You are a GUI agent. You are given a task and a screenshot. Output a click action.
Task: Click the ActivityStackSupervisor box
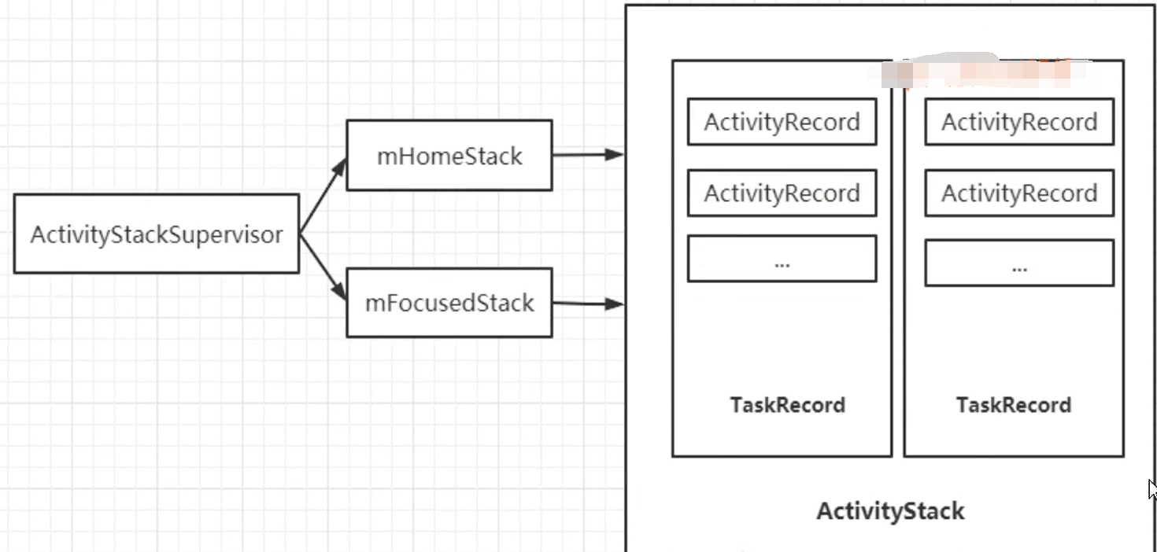coord(156,234)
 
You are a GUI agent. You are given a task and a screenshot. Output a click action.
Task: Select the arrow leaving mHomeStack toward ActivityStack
coord(586,155)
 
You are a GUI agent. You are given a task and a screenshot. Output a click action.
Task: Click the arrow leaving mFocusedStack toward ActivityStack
coord(586,303)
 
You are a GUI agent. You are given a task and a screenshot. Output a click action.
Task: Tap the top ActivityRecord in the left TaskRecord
coord(782,122)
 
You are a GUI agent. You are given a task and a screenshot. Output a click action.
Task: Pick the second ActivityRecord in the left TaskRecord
coord(782,193)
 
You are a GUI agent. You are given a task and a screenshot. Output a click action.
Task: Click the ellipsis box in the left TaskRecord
coord(782,259)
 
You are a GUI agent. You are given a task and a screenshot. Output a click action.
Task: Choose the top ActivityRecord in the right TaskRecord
coord(1019,122)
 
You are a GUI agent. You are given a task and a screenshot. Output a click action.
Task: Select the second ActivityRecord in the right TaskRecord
coord(1019,193)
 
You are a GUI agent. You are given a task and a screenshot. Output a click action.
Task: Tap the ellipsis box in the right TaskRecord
coord(1019,263)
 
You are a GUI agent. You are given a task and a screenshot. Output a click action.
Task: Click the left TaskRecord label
coord(787,405)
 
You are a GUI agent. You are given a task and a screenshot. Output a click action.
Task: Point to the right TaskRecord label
coord(1014,405)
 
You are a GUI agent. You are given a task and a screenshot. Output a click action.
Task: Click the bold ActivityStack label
coord(890,511)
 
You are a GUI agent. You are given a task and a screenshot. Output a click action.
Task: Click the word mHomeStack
coord(449,156)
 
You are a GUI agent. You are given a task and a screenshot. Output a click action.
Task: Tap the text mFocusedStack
coord(449,303)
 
